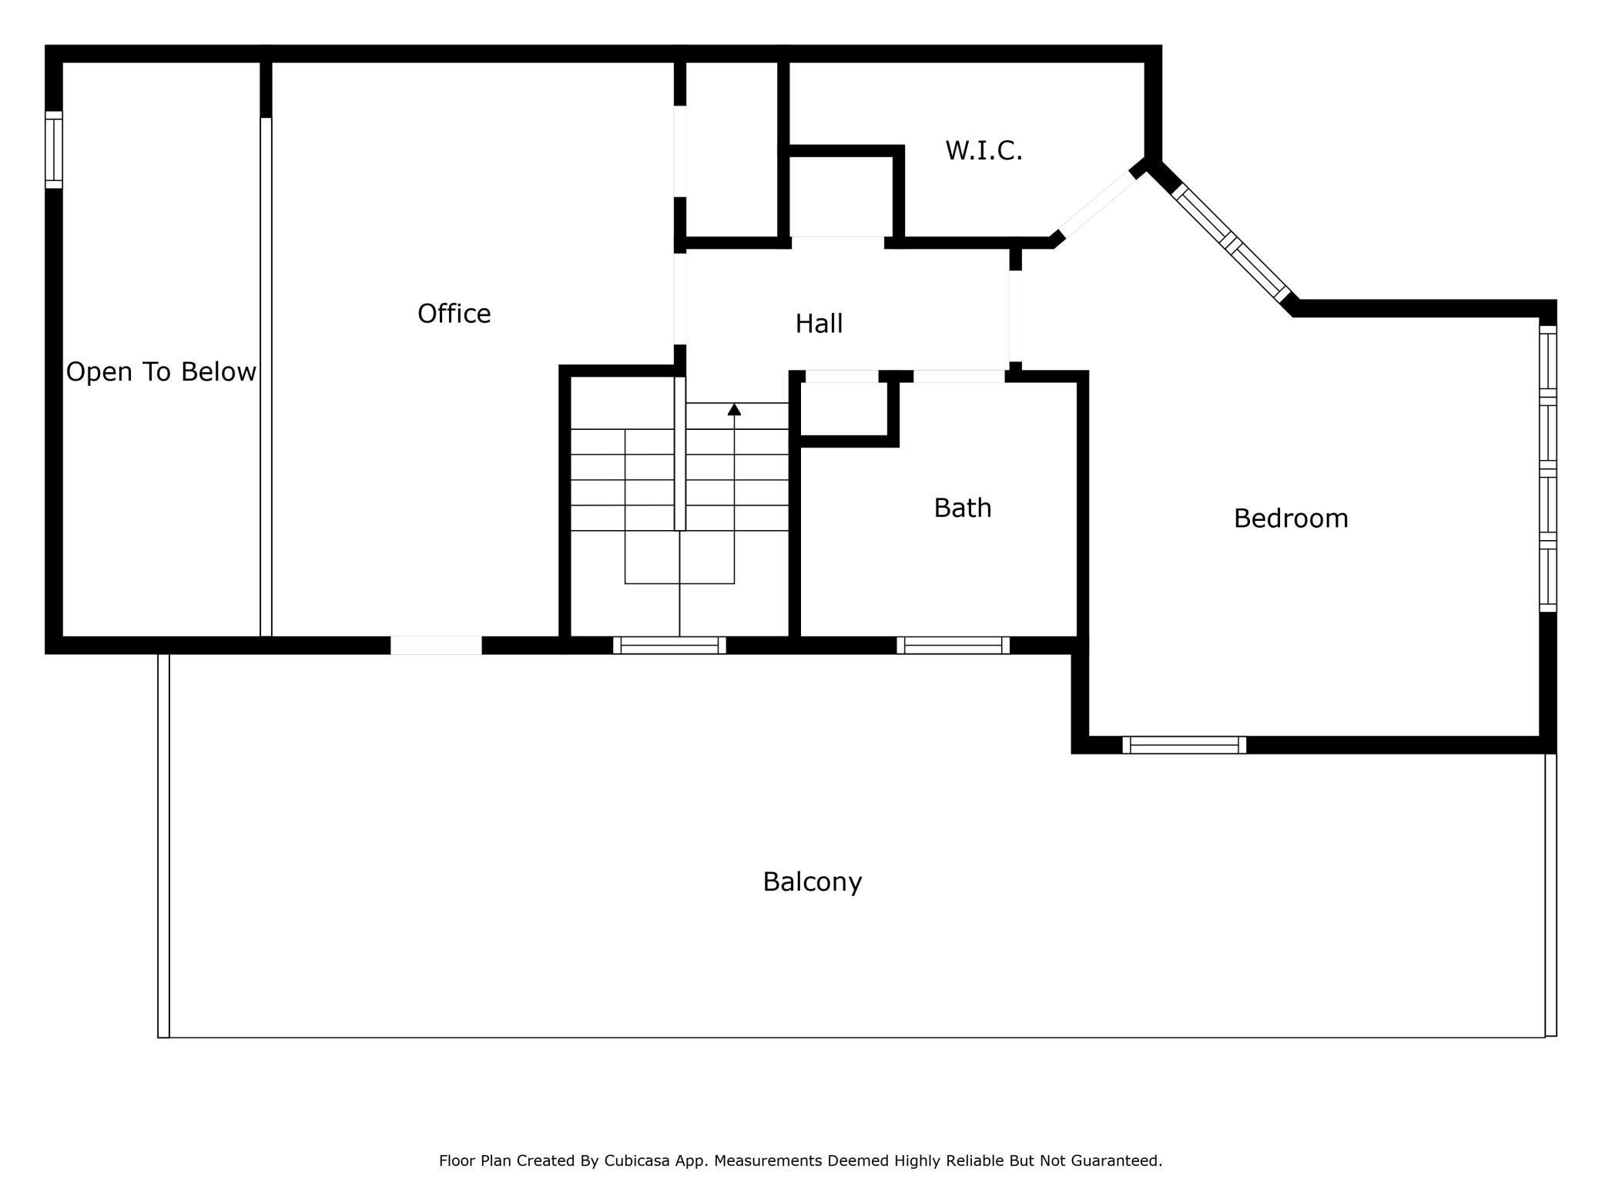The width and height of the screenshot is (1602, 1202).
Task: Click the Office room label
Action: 454,314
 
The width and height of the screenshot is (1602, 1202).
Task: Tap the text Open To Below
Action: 161,372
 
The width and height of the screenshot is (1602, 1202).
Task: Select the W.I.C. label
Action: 984,151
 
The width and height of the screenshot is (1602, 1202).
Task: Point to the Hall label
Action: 819,324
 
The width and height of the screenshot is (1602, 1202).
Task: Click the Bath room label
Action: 962,508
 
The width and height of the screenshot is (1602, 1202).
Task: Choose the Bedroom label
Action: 1290,519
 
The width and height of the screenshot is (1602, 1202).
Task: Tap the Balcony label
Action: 812,881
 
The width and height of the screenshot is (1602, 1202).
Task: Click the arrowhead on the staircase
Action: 734,410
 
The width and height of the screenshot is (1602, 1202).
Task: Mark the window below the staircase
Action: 669,646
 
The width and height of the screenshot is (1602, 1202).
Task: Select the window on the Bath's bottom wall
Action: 953,646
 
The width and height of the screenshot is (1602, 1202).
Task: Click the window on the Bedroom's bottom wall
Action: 1184,745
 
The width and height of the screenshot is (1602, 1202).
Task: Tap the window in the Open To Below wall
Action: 53,149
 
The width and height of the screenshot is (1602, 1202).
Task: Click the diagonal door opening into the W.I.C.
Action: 1097,204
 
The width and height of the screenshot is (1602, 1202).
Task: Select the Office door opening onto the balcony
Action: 436,646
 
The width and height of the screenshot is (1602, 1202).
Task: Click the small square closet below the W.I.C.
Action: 841,196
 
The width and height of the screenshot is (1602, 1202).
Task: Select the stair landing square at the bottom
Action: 679,557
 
